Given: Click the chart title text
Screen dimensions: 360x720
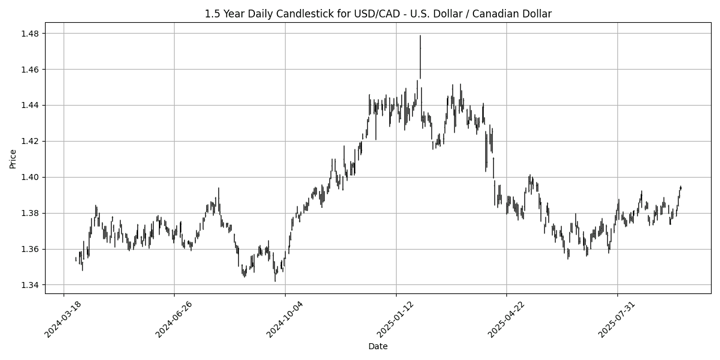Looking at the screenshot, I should point(378,13).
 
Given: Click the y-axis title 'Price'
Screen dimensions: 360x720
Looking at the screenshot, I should point(13,159).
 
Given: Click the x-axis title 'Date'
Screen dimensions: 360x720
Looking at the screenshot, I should point(378,346).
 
